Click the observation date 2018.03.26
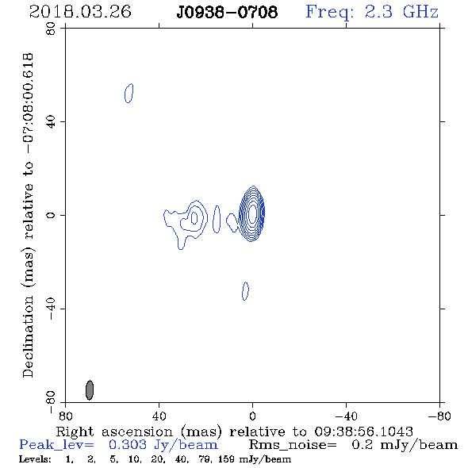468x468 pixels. [x=80, y=12]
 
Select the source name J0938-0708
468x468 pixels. [x=227, y=13]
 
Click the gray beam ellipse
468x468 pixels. [x=90, y=389]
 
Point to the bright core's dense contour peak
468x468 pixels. [x=252, y=213]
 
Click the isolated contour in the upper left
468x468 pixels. [x=129, y=93]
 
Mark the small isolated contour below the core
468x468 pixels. [x=245, y=291]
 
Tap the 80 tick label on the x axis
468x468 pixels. [x=65, y=416]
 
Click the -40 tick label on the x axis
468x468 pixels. [x=346, y=416]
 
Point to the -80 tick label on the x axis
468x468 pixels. [x=439, y=416]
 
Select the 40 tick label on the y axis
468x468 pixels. [x=51, y=122]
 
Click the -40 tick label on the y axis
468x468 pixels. [x=51, y=309]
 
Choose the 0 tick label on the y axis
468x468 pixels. [x=51, y=215]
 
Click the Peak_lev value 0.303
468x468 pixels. [x=128, y=445]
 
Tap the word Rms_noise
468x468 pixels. [x=293, y=445]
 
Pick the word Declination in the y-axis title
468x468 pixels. [x=28, y=336]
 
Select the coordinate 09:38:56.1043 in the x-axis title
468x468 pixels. [x=363, y=432]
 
